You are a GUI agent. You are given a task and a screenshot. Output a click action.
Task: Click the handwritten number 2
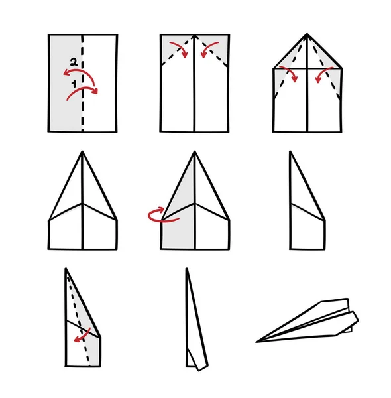point(74,62)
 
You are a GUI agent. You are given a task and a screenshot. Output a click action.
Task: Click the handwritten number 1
point(74,84)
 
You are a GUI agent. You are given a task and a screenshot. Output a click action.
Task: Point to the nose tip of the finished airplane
point(256,342)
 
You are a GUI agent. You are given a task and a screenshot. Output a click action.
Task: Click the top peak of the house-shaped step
point(307,34)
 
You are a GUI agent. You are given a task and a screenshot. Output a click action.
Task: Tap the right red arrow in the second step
point(209,48)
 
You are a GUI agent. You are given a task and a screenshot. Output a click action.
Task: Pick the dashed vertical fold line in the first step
point(82,84)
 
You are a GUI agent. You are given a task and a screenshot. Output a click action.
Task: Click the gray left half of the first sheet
point(66,84)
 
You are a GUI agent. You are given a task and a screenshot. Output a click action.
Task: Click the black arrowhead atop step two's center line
point(195,37)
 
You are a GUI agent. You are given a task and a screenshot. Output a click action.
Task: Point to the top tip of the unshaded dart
point(82,152)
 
